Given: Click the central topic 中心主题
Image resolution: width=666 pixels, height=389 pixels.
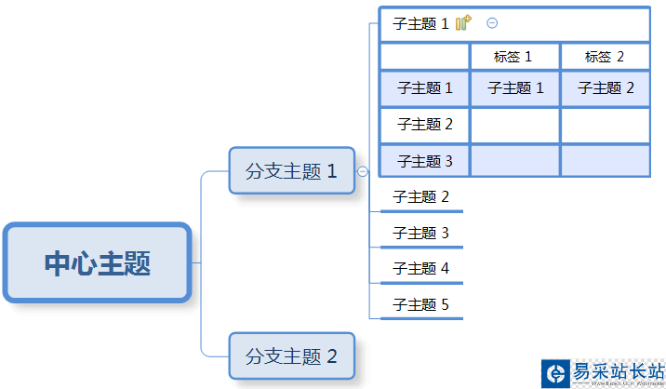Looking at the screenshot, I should pyautogui.click(x=97, y=263).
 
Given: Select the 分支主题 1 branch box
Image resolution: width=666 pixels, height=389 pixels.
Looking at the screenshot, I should pyautogui.click(x=291, y=171).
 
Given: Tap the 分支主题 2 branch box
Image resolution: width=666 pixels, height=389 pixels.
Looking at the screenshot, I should pyautogui.click(x=291, y=355).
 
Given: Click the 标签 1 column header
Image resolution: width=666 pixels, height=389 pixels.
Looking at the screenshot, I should pyautogui.click(x=513, y=57).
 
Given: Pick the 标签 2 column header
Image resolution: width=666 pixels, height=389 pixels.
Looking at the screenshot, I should pyautogui.click(x=605, y=57).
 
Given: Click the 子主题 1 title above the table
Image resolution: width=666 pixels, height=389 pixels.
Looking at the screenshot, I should pyautogui.click(x=420, y=24).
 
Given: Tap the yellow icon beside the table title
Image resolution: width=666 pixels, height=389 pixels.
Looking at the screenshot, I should pyautogui.click(x=463, y=24).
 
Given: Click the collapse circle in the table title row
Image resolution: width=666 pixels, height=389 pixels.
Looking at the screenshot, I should pyautogui.click(x=492, y=24).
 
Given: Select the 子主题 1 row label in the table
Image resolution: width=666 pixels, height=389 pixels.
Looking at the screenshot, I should pyautogui.click(x=425, y=88).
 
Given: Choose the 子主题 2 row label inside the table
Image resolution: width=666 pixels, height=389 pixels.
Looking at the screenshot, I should pyautogui.click(x=425, y=124).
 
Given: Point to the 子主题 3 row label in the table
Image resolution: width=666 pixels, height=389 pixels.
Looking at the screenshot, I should pyautogui.click(x=425, y=161).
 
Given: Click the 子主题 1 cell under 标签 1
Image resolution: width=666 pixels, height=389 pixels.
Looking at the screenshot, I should pyautogui.click(x=515, y=88).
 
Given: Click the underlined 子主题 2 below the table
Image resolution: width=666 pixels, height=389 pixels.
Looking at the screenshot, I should pyautogui.click(x=420, y=197).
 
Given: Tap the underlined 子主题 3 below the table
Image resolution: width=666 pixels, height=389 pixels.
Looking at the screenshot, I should pyautogui.click(x=420, y=233).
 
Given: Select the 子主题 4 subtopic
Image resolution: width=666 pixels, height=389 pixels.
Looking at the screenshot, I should pyautogui.click(x=420, y=269).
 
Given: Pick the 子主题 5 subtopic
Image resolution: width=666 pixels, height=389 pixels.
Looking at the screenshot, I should pyautogui.click(x=420, y=304).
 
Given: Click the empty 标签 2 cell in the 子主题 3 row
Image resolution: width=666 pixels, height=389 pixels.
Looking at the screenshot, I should pyautogui.click(x=605, y=161).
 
